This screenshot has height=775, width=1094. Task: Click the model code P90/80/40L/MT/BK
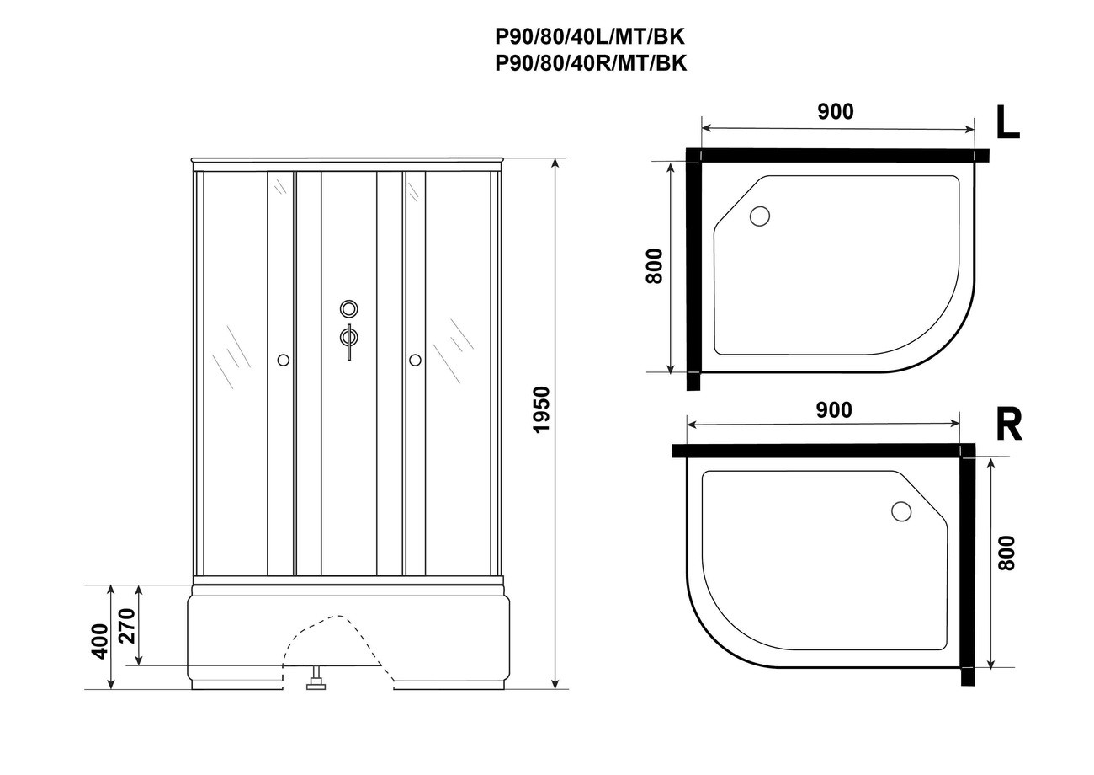pyautogui.click(x=591, y=37)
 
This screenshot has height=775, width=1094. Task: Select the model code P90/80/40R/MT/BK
pyautogui.click(x=591, y=63)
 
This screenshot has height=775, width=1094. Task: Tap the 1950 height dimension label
pyautogui.click(x=542, y=409)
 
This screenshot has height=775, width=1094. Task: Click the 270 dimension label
pyautogui.click(x=127, y=626)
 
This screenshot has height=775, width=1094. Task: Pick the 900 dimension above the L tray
pyautogui.click(x=836, y=112)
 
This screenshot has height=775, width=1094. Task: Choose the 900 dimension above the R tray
pyautogui.click(x=834, y=410)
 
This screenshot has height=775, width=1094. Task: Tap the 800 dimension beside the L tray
pyautogui.click(x=654, y=266)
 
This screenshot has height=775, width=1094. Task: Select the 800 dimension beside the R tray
pyautogui.click(x=1006, y=553)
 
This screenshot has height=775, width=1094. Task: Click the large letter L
pyautogui.click(x=1007, y=122)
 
